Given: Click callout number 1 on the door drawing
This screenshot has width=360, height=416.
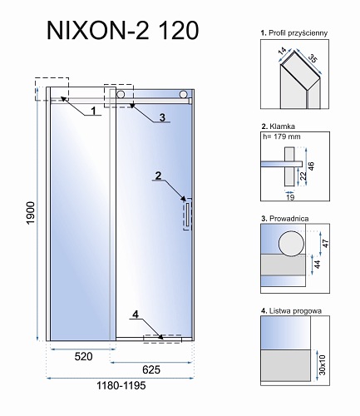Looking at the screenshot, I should [93, 109].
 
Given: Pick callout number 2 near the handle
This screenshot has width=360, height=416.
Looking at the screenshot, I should [155, 176].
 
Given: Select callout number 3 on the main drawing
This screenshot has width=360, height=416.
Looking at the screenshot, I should [162, 116].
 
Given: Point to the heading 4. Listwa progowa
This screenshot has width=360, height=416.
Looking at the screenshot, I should [287, 310].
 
